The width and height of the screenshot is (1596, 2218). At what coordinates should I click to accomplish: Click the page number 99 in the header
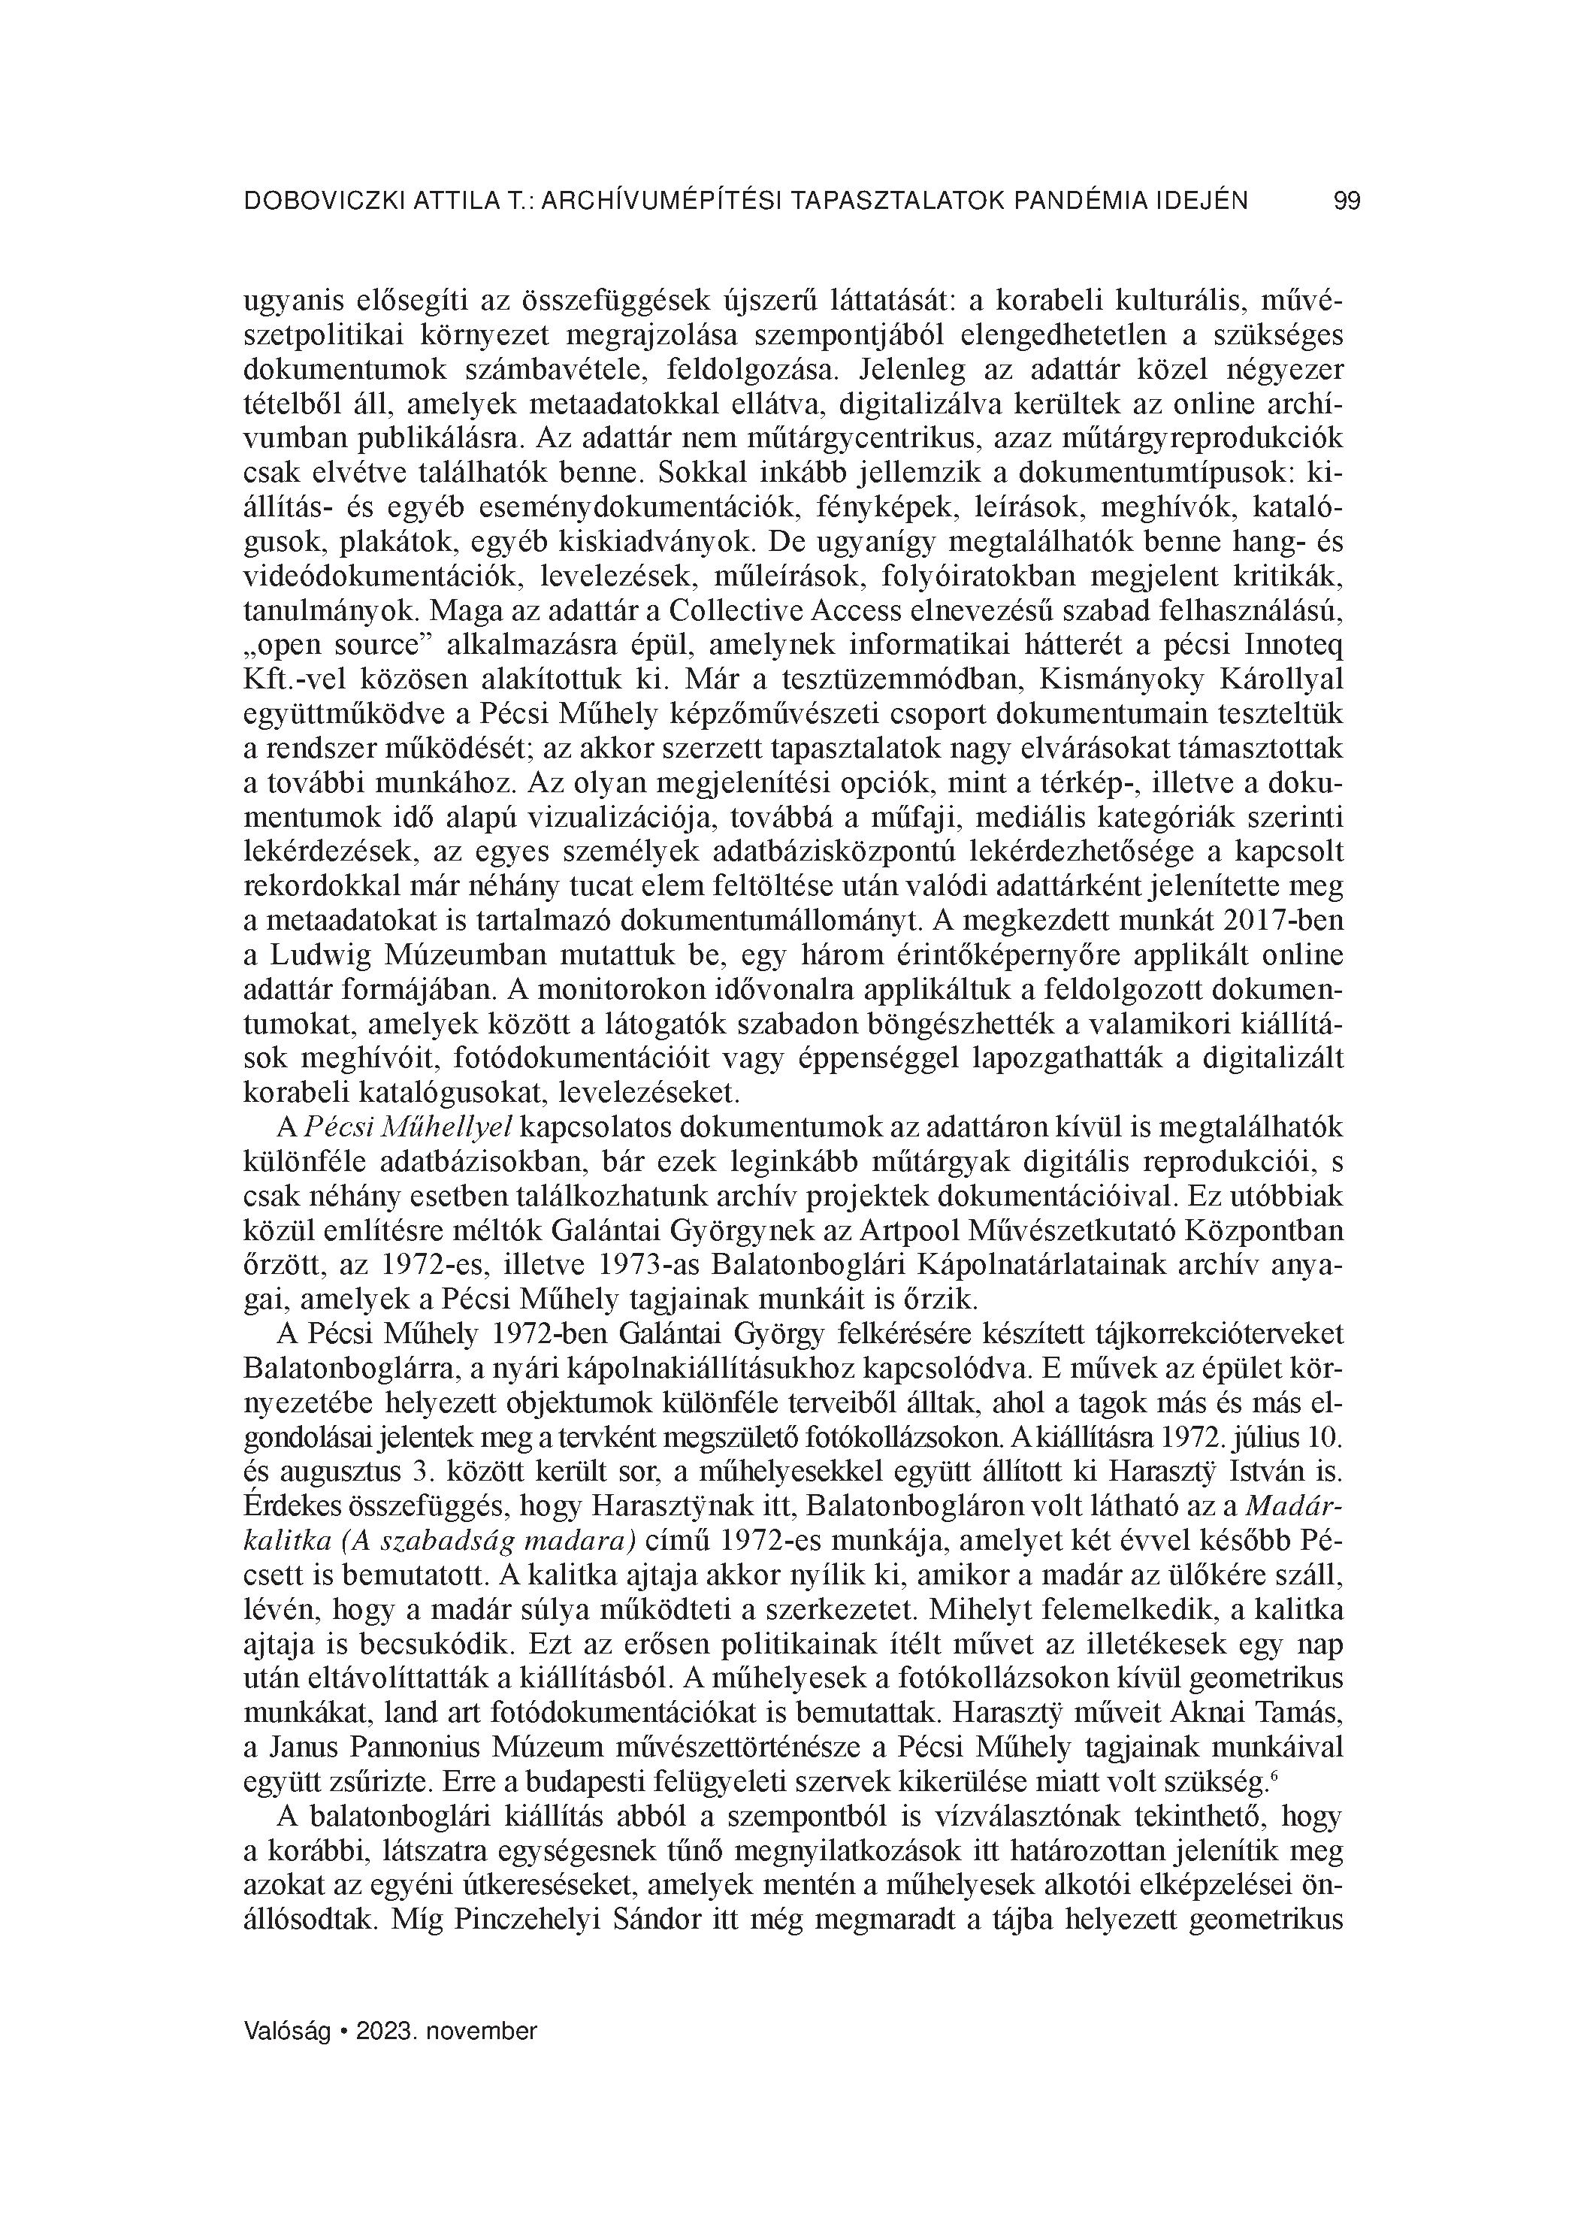point(1347,201)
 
